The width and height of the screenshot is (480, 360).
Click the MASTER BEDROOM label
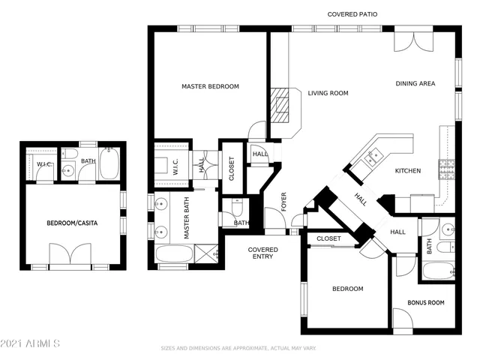210,87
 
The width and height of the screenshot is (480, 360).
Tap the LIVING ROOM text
328,94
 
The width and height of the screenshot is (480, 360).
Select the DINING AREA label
415,83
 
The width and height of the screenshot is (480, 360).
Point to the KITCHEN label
407,171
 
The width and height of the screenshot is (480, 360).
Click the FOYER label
283,202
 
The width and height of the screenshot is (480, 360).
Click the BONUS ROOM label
425,302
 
